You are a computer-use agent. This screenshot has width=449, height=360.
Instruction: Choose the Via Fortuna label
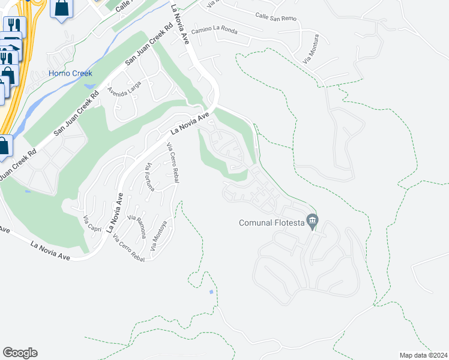tap(150, 177)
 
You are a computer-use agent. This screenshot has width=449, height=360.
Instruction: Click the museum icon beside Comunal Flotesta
tap(312, 221)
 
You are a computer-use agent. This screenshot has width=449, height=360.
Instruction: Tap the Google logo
tap(20, 353)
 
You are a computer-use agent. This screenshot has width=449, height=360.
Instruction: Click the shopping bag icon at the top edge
tap(62, 8)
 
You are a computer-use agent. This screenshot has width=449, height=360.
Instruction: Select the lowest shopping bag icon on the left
tap(3, 146)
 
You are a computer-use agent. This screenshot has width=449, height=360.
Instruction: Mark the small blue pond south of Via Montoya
tap(211, 292)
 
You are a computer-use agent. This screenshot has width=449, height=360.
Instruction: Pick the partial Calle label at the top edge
tap(122, 6)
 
